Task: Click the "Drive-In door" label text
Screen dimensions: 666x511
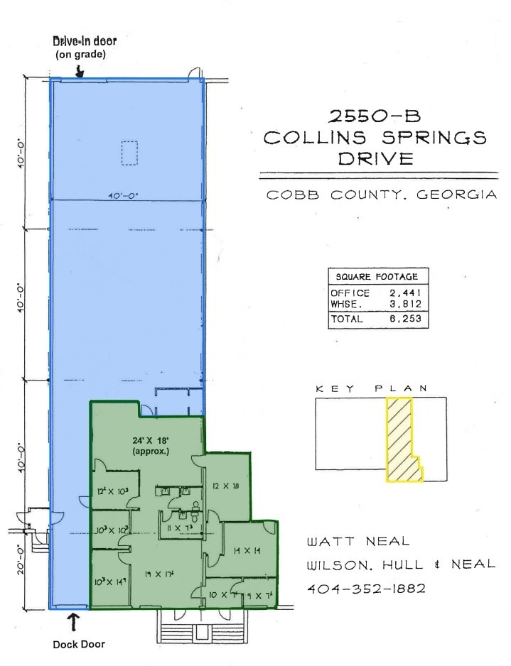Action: (85, 41)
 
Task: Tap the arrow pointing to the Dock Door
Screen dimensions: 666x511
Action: (73, 623)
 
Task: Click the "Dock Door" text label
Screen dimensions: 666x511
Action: (79, 644)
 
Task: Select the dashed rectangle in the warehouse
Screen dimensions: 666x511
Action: (129, 153)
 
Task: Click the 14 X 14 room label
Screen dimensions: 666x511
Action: (247, 550)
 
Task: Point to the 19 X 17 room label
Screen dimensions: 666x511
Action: (158, 574)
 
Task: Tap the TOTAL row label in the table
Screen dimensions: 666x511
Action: (347, 320)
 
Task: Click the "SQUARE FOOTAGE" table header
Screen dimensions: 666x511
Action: (377, 277)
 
